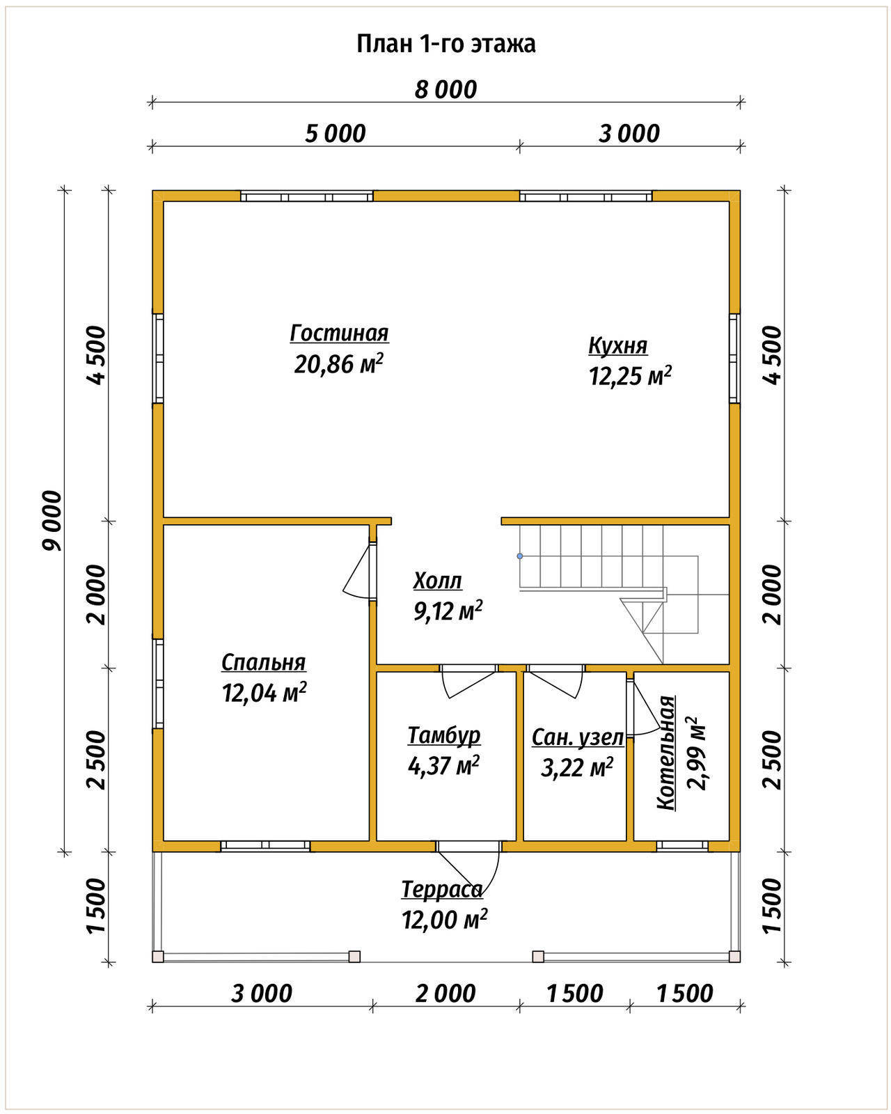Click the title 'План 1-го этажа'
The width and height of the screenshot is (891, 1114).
[x=445, y=45]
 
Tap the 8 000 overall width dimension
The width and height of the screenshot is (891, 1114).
[x=445, y=90]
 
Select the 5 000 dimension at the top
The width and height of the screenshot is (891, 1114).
[x=336, y=134]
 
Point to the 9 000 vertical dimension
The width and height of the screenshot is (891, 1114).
[x=52, y=521]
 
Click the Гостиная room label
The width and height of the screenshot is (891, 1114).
[x=339, y=334]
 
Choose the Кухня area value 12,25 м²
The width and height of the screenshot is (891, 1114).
[x=630, y=376]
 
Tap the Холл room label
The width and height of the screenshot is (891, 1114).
[x=437, y=581]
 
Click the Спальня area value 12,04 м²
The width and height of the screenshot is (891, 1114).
[x=264, y=692]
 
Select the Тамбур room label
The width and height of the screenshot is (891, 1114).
[x=444, y=736]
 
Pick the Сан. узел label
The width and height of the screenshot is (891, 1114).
[x=577, y=738]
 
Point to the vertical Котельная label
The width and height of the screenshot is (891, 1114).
[x=665, y=754]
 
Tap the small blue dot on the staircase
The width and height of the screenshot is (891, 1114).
[x=520, y=556]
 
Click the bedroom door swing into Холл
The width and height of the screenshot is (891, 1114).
[x=357, y=570]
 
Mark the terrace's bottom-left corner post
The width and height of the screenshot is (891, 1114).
[x=158, y=957]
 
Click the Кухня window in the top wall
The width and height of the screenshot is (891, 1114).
[x=586, y=196]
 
